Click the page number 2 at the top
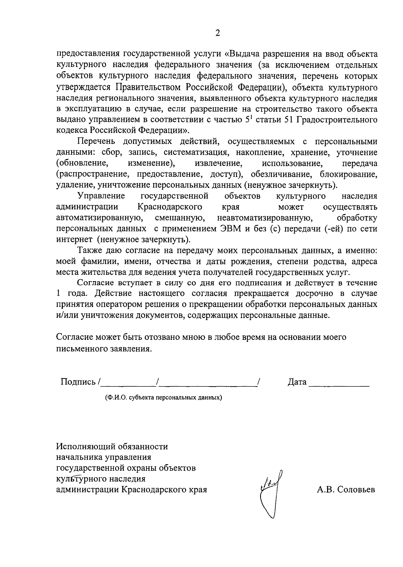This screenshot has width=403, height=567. [x=218, y=33]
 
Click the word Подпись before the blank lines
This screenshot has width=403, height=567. [x=78, y=382]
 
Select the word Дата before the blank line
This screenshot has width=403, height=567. [x=297, y=382]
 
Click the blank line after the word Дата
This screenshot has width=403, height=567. [x=339, y=384]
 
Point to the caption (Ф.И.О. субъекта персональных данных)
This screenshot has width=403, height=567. [x=164, y=398]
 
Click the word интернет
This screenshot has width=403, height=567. [x=74, y=240]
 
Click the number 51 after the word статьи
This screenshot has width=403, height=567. [x=289, y=120]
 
